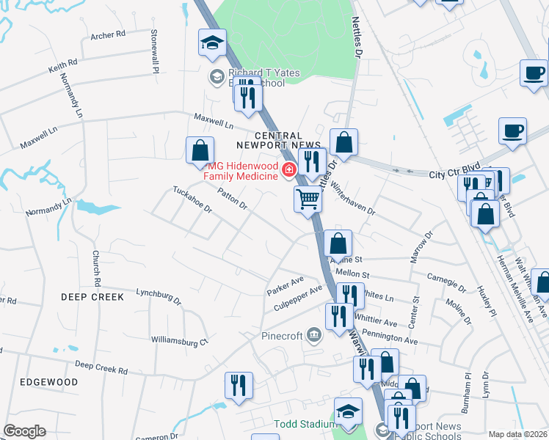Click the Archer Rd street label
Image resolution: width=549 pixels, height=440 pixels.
pos(108,34)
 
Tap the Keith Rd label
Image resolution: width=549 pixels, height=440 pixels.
pos(62,67)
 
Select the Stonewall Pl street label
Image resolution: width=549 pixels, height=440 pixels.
pos(155,51)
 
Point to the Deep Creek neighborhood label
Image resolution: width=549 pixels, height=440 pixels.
pos(92,296)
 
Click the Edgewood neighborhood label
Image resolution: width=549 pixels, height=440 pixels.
pos(49,382)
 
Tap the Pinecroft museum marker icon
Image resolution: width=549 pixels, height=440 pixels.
pos(315,336)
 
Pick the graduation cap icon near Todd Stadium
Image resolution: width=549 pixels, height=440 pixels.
pos(348,411)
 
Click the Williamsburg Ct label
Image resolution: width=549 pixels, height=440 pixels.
pos(180,340)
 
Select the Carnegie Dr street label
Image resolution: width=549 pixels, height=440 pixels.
pos(446,282)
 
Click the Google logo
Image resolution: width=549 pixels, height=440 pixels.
pos(24,431)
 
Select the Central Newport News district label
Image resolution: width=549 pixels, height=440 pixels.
pos(279,140)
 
